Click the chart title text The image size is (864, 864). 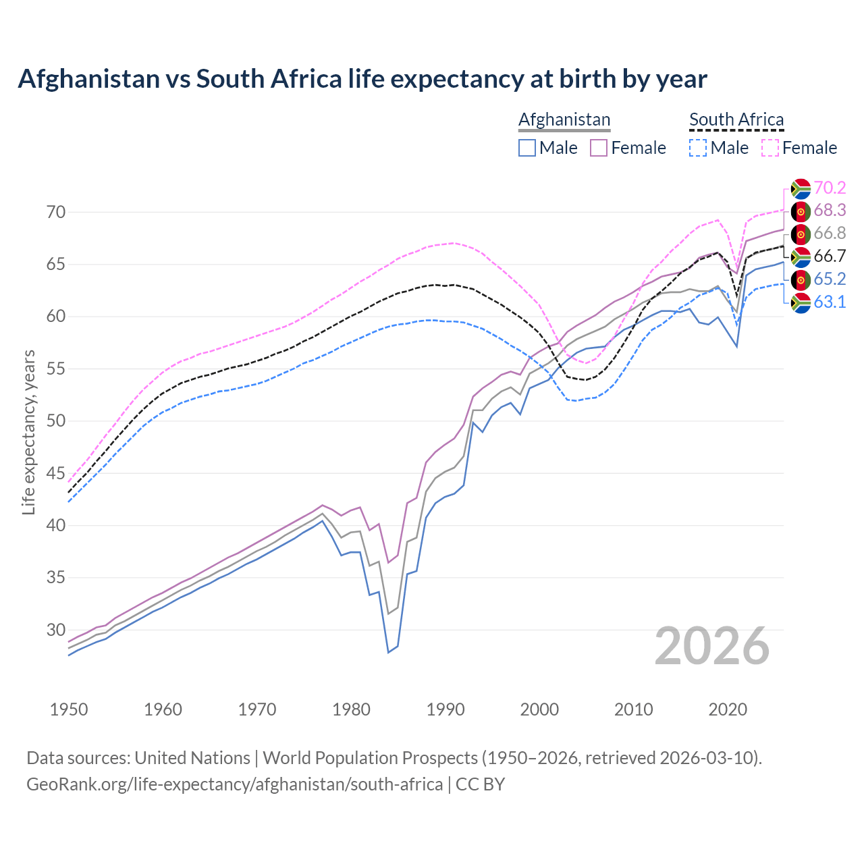click(x=362, y=79)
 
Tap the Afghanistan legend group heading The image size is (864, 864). click(x=564, y=119)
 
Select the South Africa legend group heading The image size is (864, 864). click(x=736, y=119)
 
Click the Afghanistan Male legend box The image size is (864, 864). click(x=527, y=148)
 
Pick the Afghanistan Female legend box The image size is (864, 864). click(x=599, y=148)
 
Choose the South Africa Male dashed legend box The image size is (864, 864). click(x=698, y=148)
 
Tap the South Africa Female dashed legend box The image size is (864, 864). click(x=770, y=148)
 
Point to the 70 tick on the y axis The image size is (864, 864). click(x=56, y=212)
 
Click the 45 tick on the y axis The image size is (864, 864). click(x=56, y=473)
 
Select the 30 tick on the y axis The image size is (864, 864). click(x=56, y=630)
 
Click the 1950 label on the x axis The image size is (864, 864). click(x=69, y=709)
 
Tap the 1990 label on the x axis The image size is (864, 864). click(x=446, y=709)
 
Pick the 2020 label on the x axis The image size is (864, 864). click(x=728, y=709)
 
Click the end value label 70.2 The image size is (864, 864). click(x=830, y=188)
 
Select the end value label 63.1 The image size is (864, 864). click(x=830, y=302)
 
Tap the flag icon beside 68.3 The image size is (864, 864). click(x=801, y=211)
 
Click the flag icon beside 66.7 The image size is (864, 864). click(x=801, y=256)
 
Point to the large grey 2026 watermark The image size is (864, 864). click(x=712, y=646)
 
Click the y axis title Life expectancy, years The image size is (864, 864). click(x=29, y=432)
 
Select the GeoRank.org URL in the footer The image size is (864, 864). click(x=234, y=784)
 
